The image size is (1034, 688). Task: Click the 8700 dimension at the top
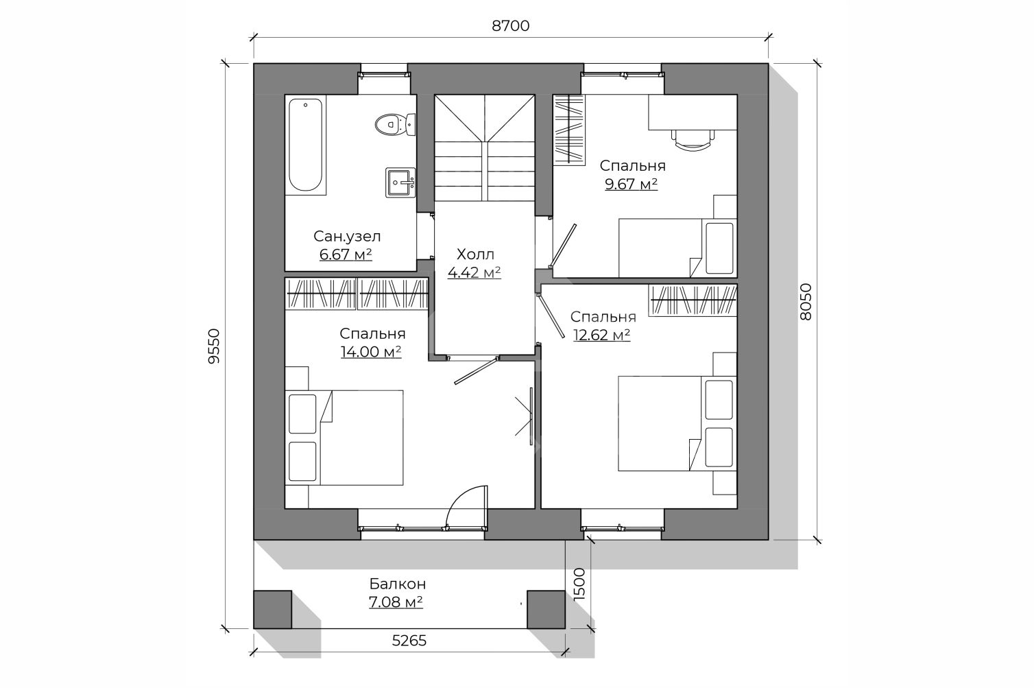(511, 26)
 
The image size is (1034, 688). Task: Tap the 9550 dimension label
(214, 346)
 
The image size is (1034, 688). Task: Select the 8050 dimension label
(806, 302)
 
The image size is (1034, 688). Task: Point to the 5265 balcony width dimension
(409, 641)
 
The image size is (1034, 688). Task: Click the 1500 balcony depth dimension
(579, 584)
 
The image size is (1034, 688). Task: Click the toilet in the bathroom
(396, 124)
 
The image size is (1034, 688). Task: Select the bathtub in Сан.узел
(306, 145)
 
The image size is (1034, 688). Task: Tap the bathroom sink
(400, 182)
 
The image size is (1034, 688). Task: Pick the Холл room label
(475, 254)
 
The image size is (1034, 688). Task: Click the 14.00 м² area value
(371, 352)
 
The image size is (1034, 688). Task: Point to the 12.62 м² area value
(602, 335)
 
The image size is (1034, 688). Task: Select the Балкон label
(398, 584)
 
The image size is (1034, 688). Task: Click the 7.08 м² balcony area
(396, 602)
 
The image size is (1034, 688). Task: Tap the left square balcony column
(272, 609)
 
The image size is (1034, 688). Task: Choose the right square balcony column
(546, 609)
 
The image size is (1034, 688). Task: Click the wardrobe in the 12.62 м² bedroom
(693, 300)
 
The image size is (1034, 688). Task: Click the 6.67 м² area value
(346, 254)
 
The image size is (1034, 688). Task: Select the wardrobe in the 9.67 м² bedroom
(568, 130)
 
